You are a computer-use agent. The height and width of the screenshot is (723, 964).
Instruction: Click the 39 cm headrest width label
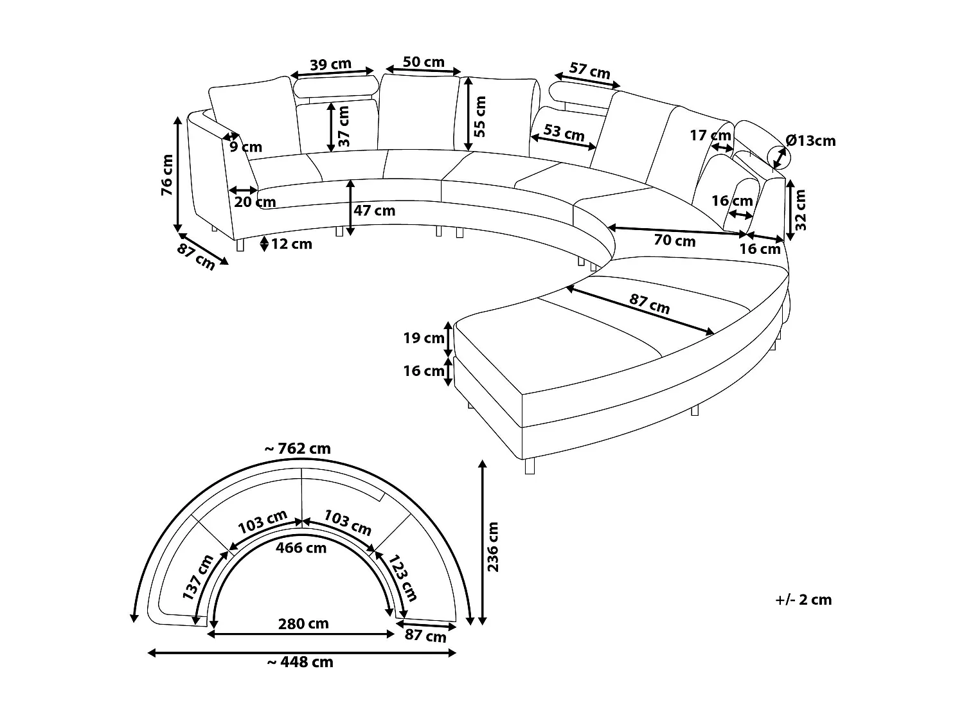click(x=330, y=64)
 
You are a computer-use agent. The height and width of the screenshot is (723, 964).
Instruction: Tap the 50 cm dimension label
click(x=424, y=62)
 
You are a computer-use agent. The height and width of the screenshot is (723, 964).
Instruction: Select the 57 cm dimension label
click(x=590, y=71)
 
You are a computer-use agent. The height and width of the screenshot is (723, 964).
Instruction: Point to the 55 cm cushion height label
click(x=481, y=116)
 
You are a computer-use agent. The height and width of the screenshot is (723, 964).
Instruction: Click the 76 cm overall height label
click(x=166, y=174)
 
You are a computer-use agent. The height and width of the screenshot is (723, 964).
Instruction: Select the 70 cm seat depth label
click(x=675, y=241)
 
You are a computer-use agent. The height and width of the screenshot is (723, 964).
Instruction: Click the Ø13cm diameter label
click(x=810, y=141)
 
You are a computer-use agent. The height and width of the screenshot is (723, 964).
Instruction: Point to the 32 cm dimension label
click(x=801, y=210)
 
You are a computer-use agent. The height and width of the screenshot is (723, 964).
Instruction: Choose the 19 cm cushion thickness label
click(x=424, y=338)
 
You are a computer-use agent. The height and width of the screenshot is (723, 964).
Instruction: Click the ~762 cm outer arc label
click(x=298, y=449)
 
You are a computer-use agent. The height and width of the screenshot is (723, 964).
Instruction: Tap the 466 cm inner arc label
click(x=301, y=548)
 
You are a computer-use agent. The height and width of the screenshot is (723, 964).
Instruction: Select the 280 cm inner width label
click(x=303, y=623)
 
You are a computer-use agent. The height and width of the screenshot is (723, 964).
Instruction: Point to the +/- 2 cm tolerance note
click(x=803, y=600)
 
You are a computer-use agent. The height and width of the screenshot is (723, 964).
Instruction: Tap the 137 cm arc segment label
click(x=197, y=577)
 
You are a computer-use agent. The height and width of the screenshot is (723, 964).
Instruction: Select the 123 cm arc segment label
click(x=403, y=576)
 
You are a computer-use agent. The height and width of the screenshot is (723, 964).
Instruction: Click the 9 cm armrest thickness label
click(x=246, y=147)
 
